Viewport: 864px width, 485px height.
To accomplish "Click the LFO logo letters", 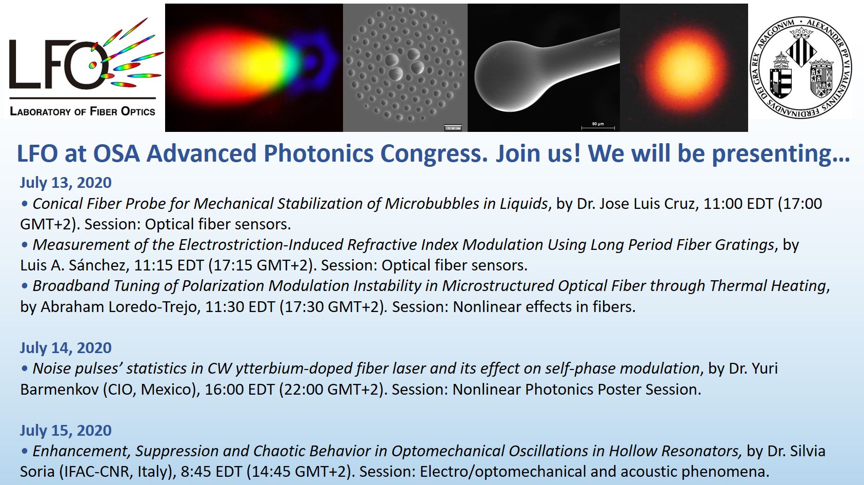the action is pyautogui.click(x=58, y=64).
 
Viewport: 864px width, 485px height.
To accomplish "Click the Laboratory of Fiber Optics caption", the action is pyautogui.click(x=83, y=111).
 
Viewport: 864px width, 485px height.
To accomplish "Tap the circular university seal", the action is pyautogui.click(x=801, y=68).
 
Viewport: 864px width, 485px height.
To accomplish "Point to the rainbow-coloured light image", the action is pyautogui.click(x=254, y=68).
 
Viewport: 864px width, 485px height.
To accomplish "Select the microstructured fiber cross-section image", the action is pyautogui.click(x=405, y=68).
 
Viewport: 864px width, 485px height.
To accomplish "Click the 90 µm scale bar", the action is pyautogui.click(x=598, y=127).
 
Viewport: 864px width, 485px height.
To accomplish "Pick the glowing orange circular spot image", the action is pyautogui.click(x=684, y=68).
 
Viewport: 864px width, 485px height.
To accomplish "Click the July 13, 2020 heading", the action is pyautogui.click(x=66, y=183).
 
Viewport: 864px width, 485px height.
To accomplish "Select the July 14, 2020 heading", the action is pyautogui.click(x=66, y=348).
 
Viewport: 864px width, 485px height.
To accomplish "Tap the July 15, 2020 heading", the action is pyautogui.click(x=66, y=431).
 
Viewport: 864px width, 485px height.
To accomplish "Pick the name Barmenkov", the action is pyautogui.click(x=59, y=389).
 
